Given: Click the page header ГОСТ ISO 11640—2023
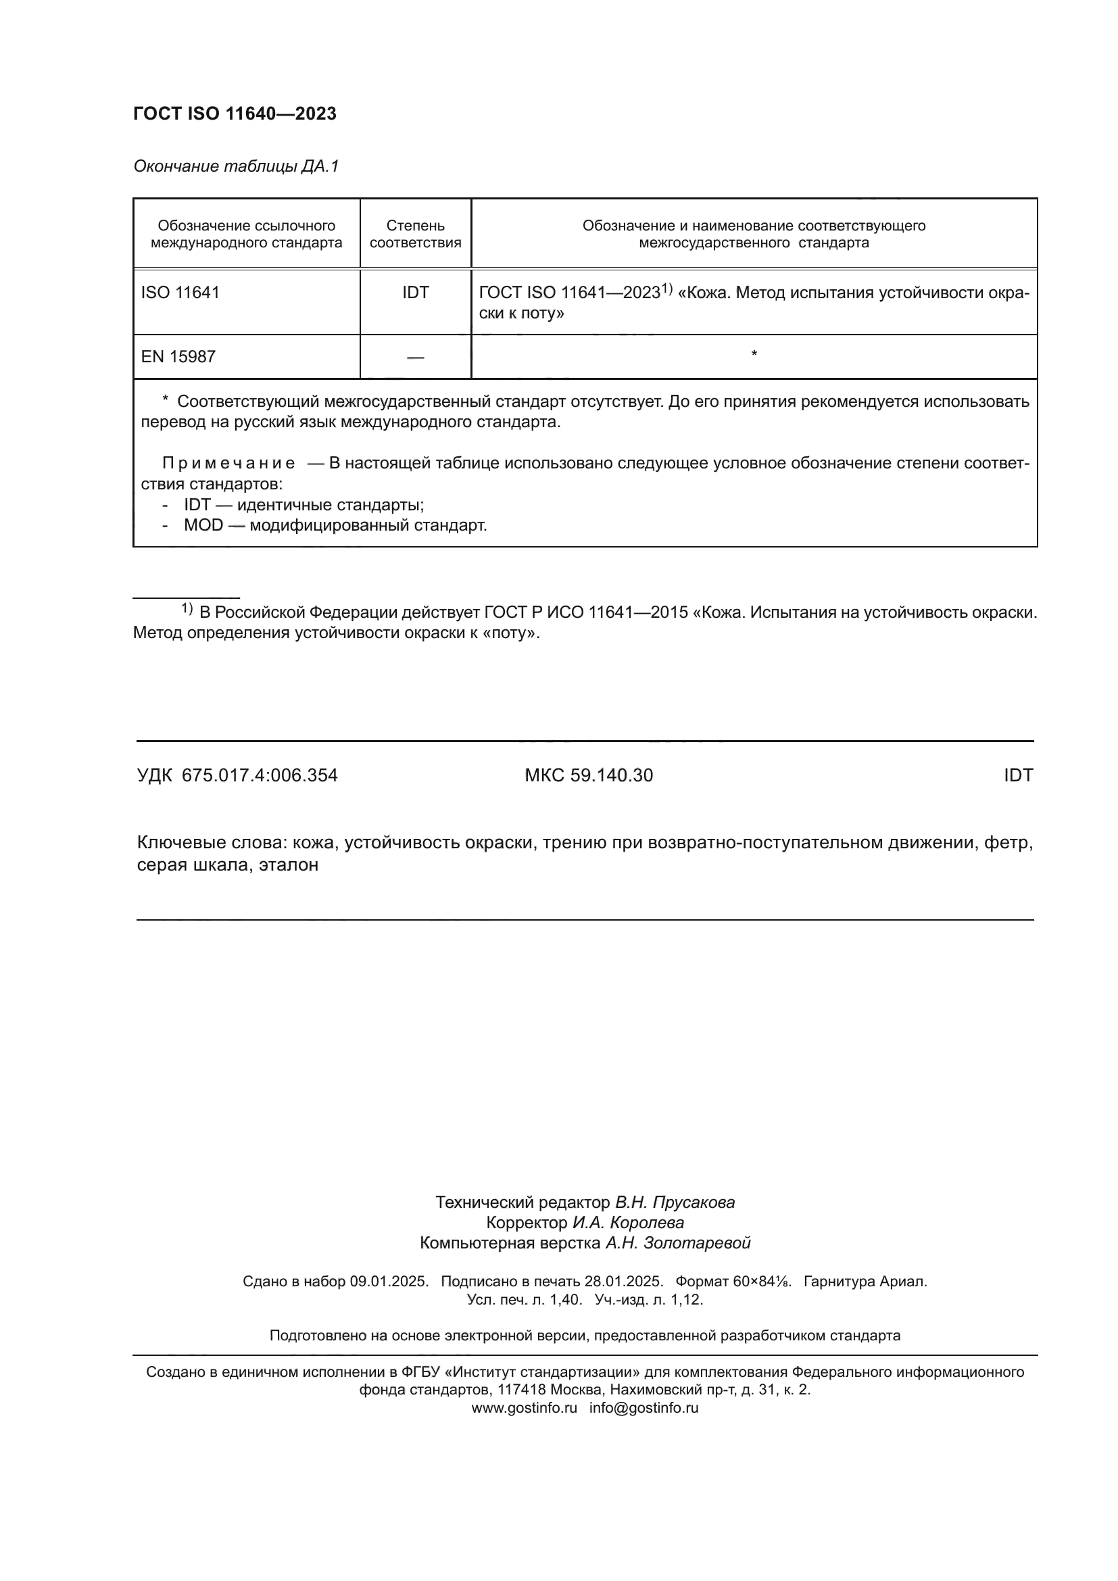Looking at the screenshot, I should tap(235, 114).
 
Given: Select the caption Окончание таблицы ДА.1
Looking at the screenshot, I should tap(236, 166).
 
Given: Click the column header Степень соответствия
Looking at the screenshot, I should tap(415, 234).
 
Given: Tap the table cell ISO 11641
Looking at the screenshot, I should tap(180, 293).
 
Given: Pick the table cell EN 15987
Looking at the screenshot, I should tap(178, 357).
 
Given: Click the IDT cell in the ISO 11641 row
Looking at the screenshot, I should tap(415, 293).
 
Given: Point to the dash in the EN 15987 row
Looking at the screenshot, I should tap(415, 358).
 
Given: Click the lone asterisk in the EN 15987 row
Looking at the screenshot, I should tap(754, 354).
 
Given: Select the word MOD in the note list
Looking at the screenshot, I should tap(203, 525).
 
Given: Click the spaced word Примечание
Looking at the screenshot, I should tap(228, 464).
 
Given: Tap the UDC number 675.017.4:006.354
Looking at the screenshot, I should tap(260, 775).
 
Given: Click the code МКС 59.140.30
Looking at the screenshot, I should tap(589, 775).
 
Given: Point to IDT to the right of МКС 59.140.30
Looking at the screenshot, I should tap(1018, 775).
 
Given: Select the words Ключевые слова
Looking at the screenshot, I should tap(211, 842).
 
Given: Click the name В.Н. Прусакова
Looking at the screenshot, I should tap(675, 1202).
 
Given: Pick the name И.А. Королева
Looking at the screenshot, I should tap(628, 1223).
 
